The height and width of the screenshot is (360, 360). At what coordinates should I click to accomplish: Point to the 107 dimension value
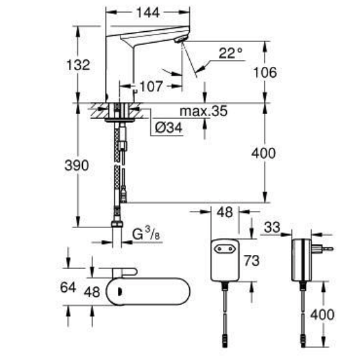(151, 86)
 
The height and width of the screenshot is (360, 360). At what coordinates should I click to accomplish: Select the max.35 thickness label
(203, 112)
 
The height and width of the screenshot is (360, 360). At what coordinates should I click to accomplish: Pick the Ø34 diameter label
(169, 127)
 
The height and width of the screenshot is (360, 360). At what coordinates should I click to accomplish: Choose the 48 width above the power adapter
(225, 212)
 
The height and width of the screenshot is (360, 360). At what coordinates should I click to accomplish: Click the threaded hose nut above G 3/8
(118, 225)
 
